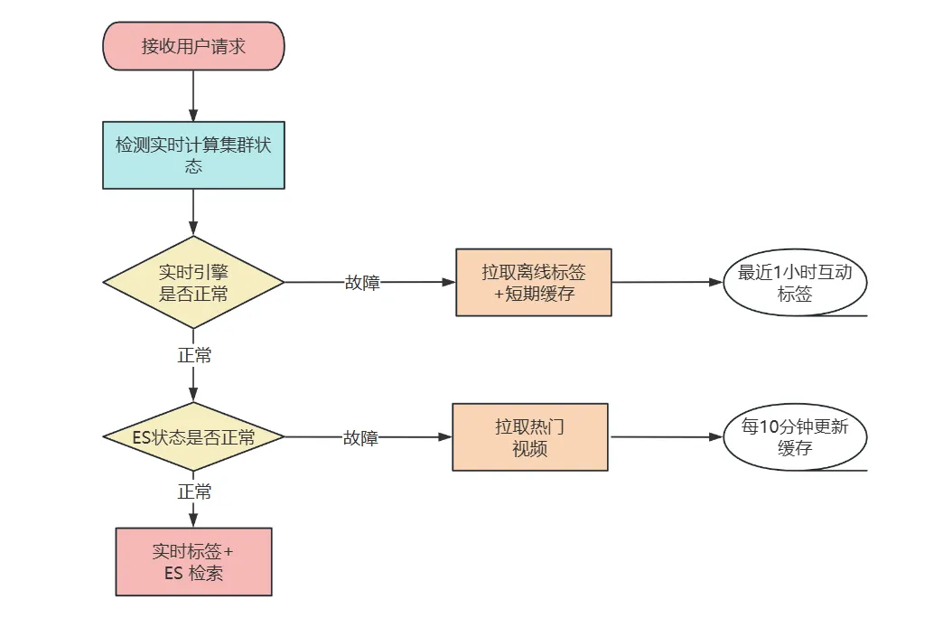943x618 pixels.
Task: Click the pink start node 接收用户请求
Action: click(193, 46)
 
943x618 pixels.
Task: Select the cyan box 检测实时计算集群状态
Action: click(193, 154)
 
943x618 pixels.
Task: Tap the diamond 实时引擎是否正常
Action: click(193, 282)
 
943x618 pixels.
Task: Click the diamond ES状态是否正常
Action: click(193, 437)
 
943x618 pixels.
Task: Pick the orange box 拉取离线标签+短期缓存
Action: click(533, 282)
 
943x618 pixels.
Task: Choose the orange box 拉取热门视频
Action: click(529, 437)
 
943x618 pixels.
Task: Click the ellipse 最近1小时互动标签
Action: click(795, 282)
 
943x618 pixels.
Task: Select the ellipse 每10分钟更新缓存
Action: click(795, 437)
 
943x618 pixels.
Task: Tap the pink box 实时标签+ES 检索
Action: click(193, 561)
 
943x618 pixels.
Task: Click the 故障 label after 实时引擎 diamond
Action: click(362, 283)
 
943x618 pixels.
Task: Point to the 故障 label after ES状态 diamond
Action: click(360, 438)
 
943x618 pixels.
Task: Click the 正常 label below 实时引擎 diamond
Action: click(194, 356)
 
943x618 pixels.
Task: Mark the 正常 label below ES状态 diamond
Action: click(194, 492)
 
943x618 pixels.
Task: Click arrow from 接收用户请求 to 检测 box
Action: click(193, 95)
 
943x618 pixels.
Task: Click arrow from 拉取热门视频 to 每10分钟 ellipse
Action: click(665, 437)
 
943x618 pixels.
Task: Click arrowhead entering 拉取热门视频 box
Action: click(445, 437)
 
